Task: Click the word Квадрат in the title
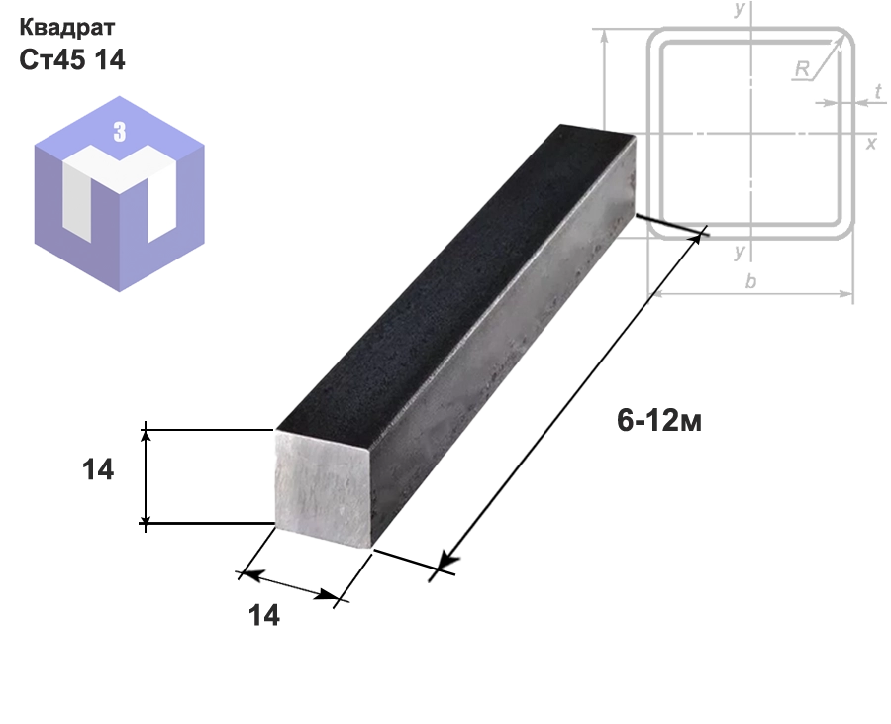point(67,27)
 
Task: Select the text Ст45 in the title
point(52,59)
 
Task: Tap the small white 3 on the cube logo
point(119,132)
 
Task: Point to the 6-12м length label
point(659,421)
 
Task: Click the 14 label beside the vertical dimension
point(98,470)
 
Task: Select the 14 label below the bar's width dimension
point(264,615)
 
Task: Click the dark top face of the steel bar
point(454,278)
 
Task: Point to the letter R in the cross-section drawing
point(802,69)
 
